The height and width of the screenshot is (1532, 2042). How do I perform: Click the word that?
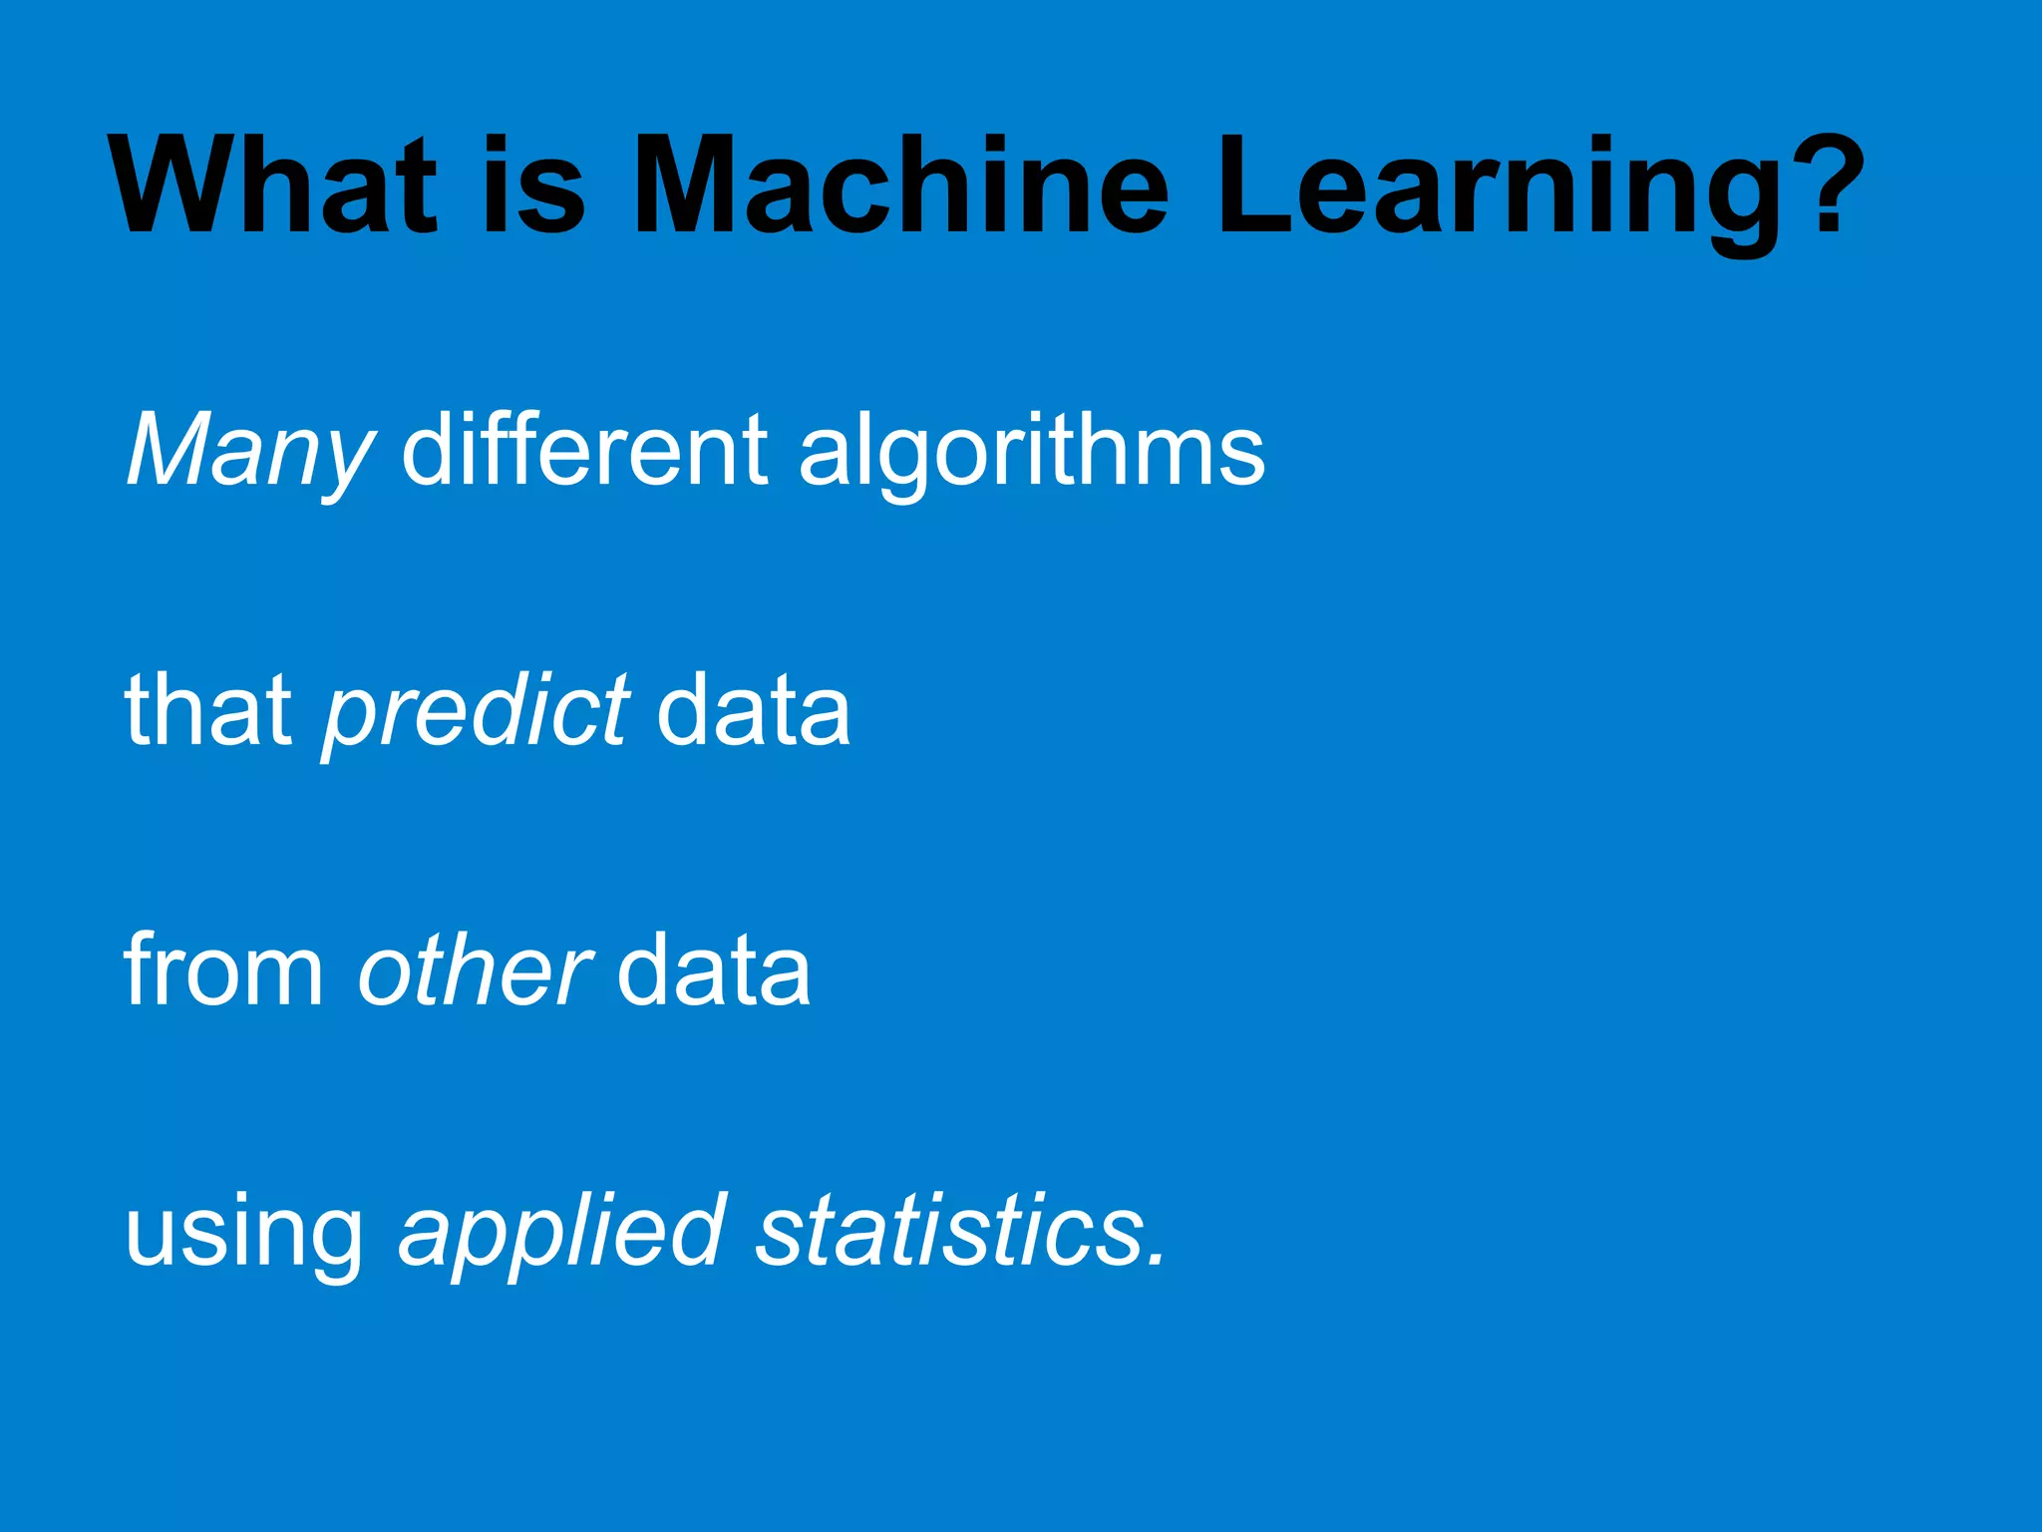tap(208, 709)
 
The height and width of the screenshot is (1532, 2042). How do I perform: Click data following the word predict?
tap(754, 709)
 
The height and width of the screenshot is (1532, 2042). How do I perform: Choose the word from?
tap(223, 969)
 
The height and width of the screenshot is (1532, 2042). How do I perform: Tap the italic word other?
tap(475, 969)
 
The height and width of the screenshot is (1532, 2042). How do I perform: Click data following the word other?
tap(714, 969)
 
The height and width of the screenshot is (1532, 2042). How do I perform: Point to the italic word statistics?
tap(948, 1231)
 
